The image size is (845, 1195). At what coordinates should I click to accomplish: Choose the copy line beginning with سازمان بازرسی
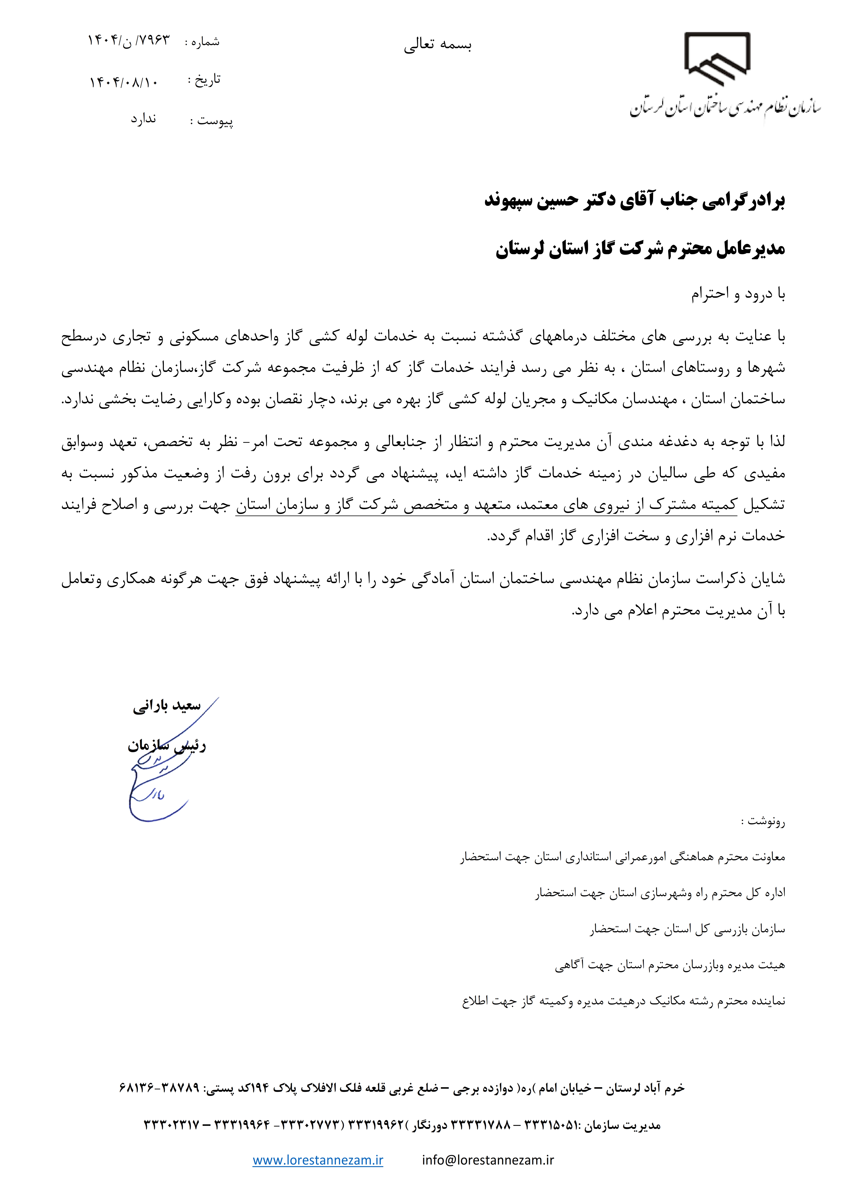coord(687,929)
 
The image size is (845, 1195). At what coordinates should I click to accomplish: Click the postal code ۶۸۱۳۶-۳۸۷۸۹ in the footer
coord(160,1088)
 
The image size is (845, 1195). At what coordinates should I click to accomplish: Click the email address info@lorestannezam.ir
coord(488,1160)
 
